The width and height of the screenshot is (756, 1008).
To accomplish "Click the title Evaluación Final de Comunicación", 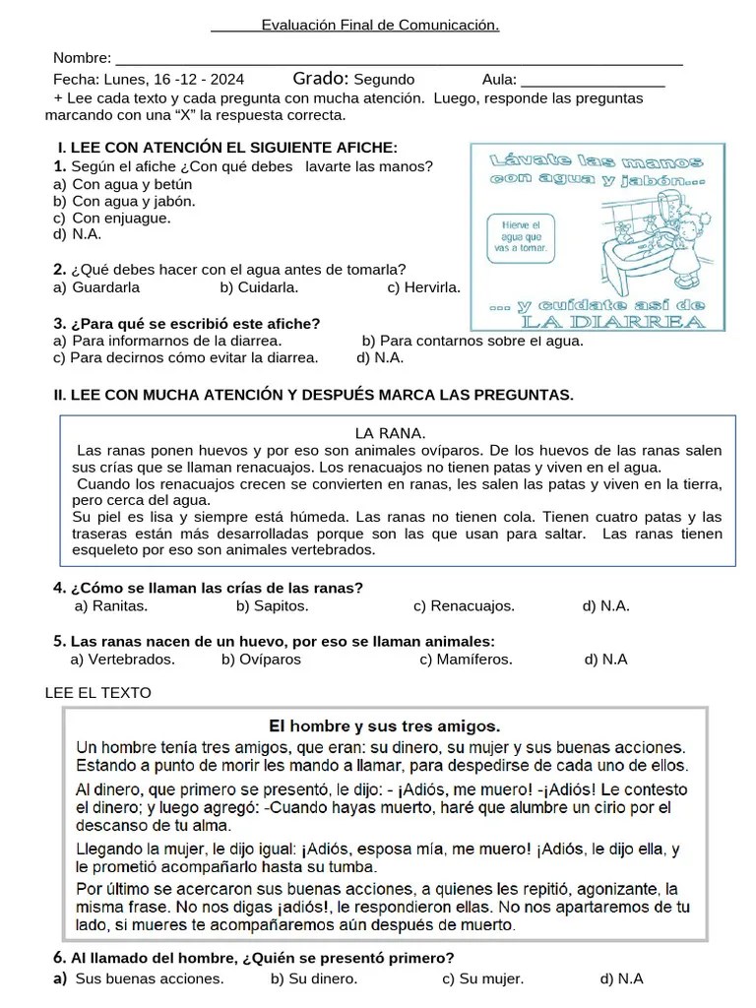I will [x=380, y=25].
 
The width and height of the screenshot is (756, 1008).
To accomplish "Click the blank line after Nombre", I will [x=399, y=62].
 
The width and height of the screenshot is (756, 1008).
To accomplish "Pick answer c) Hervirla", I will [x=424, y=287].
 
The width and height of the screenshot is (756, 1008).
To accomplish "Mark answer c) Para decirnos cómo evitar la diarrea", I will [x=186, y=357].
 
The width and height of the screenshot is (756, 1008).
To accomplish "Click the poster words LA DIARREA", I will [x=611, y=322].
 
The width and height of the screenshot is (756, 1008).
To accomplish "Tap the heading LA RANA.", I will [x=389, y=432].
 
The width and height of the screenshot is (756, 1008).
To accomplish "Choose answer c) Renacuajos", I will [x=464, y=605].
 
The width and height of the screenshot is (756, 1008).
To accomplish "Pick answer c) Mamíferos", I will [x=466, y=660].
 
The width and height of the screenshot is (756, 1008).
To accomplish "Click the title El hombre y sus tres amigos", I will [x=384, y=726].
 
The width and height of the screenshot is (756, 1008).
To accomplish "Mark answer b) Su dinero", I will [x=313, y=978].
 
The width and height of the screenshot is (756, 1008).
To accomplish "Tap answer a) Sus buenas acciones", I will [x=139, y=978].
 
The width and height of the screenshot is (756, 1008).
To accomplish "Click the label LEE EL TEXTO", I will [x=98, y=693].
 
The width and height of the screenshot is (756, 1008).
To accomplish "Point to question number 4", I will [x=59, y=588].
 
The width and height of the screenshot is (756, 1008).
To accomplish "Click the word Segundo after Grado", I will [x=384, y=80].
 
